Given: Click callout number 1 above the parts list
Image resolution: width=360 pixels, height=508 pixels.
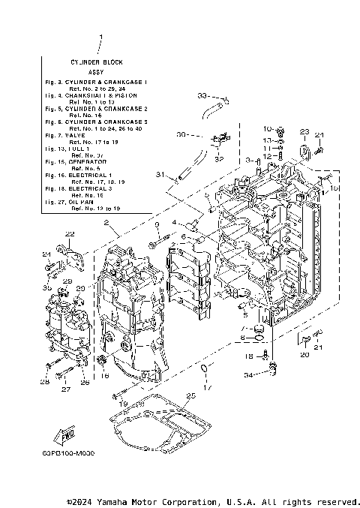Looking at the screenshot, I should (x=100, y=37).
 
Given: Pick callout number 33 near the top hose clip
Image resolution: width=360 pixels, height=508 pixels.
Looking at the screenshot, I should (x=202, y=96).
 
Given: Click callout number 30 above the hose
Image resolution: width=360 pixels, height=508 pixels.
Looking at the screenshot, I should (x=181, y=135).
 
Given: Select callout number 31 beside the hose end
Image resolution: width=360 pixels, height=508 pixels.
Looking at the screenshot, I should (x=160, y=174).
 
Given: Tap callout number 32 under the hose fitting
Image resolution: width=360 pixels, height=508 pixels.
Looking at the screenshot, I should (x=218, y=159).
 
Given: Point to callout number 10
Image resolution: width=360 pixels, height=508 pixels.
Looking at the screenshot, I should (x=268, y=129).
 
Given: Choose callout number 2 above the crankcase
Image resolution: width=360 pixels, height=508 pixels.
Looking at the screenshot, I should (x=107, y=224).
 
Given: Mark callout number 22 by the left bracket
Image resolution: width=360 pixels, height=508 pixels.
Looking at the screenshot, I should (x=69, y=234).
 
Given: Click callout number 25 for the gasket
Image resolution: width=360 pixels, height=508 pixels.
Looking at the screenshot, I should (x=191, y=395).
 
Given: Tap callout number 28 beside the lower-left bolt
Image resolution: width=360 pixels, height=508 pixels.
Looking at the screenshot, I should (x=45, y=383).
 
